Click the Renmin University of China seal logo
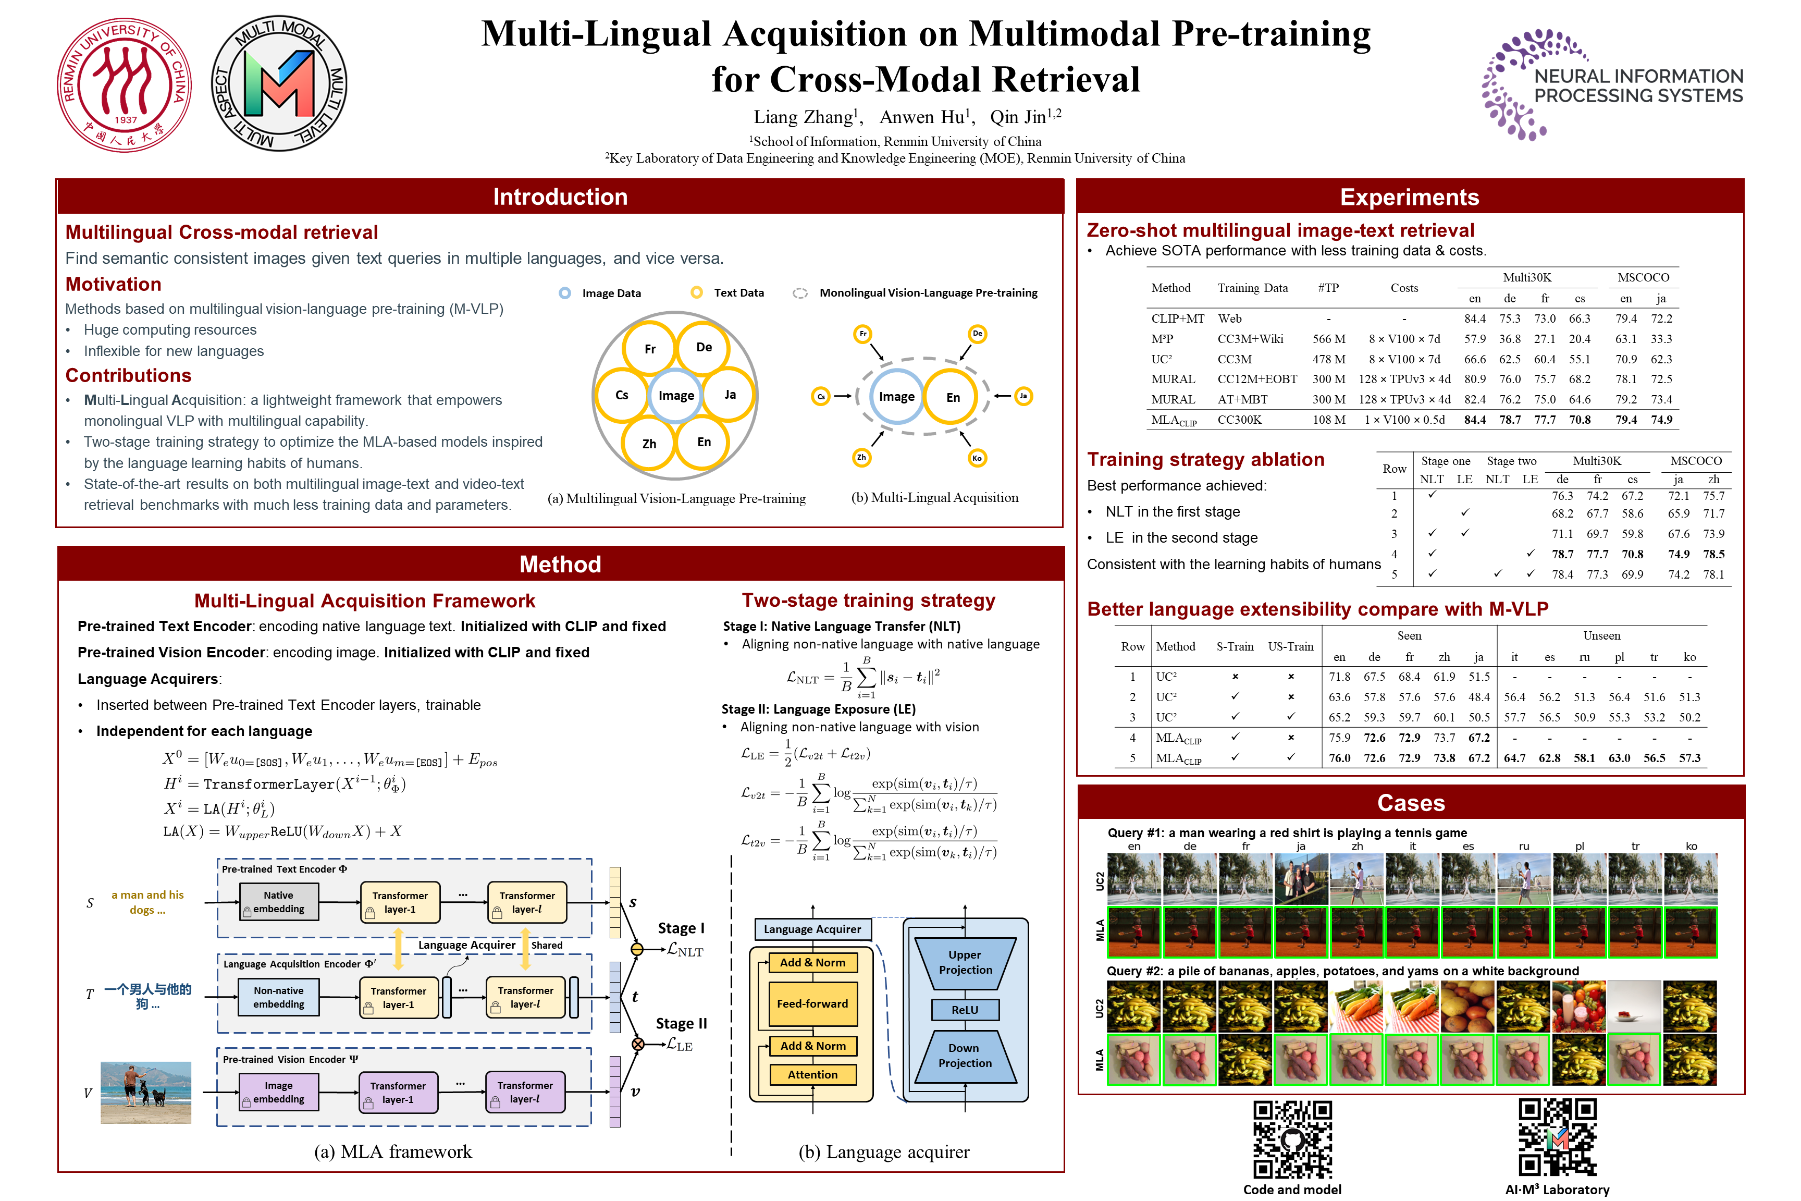pos(125,85)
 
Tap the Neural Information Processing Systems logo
pos(1612,85)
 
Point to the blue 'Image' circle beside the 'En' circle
pos(897,397)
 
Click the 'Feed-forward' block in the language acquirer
pos(812,1003)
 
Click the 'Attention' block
pos(812,1075)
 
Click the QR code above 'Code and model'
pos(1292,1139)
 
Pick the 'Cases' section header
pos(1411,803)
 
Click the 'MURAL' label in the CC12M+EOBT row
pos(1173,379)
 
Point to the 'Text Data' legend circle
pos(697,292)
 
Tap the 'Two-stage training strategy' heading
pos(868,600)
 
